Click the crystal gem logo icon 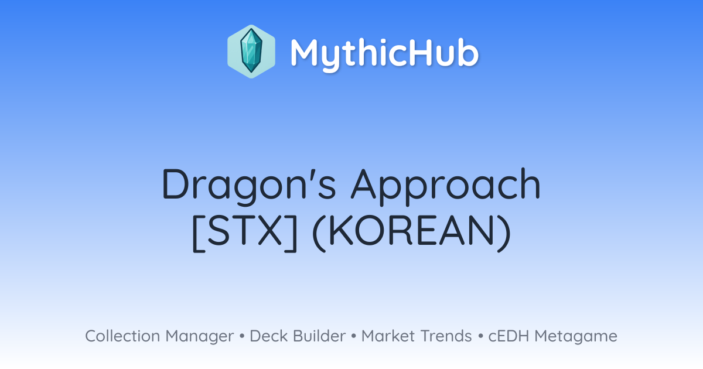[x=251, y=52]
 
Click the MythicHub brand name [x=384, y=54]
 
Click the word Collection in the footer [x=122, y=336]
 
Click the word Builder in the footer [x=319, y=336]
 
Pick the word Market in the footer [x=388, y=336]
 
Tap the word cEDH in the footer [x=509, y=336]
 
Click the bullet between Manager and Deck [x=242, y=336]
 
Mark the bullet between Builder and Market [x=354, y=336]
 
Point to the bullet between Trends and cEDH [x=480, y=336]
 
